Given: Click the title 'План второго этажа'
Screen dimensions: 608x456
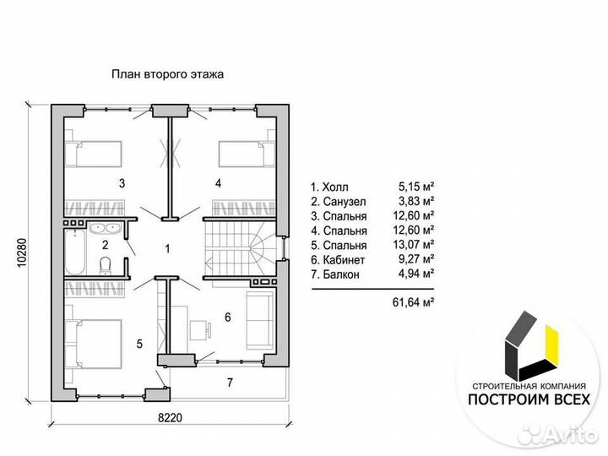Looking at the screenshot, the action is click(167, 74).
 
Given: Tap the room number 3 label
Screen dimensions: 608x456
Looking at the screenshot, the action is click(122, 183).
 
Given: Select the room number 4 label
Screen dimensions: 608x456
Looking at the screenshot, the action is click(219, 183).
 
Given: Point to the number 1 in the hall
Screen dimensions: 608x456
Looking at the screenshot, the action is click(167, 248).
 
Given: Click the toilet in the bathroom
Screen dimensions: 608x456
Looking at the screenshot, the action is click(106, 266).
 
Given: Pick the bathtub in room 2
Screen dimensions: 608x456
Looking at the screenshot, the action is click(75, 252).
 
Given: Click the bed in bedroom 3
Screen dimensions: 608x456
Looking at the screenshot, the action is click(93, 155).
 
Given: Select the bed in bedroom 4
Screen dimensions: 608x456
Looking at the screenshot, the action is click(247, 155).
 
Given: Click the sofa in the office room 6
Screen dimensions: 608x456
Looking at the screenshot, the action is click(260, 319).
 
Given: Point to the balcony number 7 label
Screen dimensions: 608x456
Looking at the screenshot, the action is click(230, 383).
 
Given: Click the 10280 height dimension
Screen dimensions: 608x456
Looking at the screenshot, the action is click(23, 252).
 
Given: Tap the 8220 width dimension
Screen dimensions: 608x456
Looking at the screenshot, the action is click(170, 418).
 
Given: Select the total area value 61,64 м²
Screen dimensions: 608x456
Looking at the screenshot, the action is click(413, 302).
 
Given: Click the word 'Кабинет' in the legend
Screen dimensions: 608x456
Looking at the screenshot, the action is click(344, 260).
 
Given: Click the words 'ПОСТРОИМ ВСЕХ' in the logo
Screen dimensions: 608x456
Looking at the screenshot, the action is click(529, 399).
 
